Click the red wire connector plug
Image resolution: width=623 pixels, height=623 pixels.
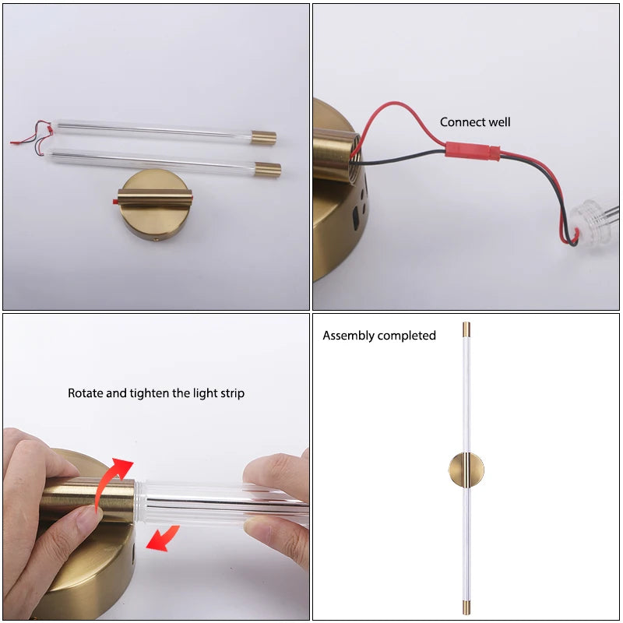coord(473,151)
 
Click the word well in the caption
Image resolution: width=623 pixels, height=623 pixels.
coord(499,122)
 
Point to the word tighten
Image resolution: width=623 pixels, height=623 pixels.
coord(150,393)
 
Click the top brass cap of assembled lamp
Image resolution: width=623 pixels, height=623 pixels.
coord(466,329)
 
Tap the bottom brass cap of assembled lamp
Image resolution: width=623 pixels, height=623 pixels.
coord(466,607)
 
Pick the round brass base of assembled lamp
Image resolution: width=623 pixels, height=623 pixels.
coord(466,470)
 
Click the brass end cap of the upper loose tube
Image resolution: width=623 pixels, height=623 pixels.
coord(264,138)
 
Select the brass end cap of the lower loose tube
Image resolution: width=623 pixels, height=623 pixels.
coord(268,170)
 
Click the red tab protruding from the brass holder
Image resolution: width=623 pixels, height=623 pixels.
coord(115,202)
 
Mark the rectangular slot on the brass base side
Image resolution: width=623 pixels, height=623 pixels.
coord(355,218)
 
